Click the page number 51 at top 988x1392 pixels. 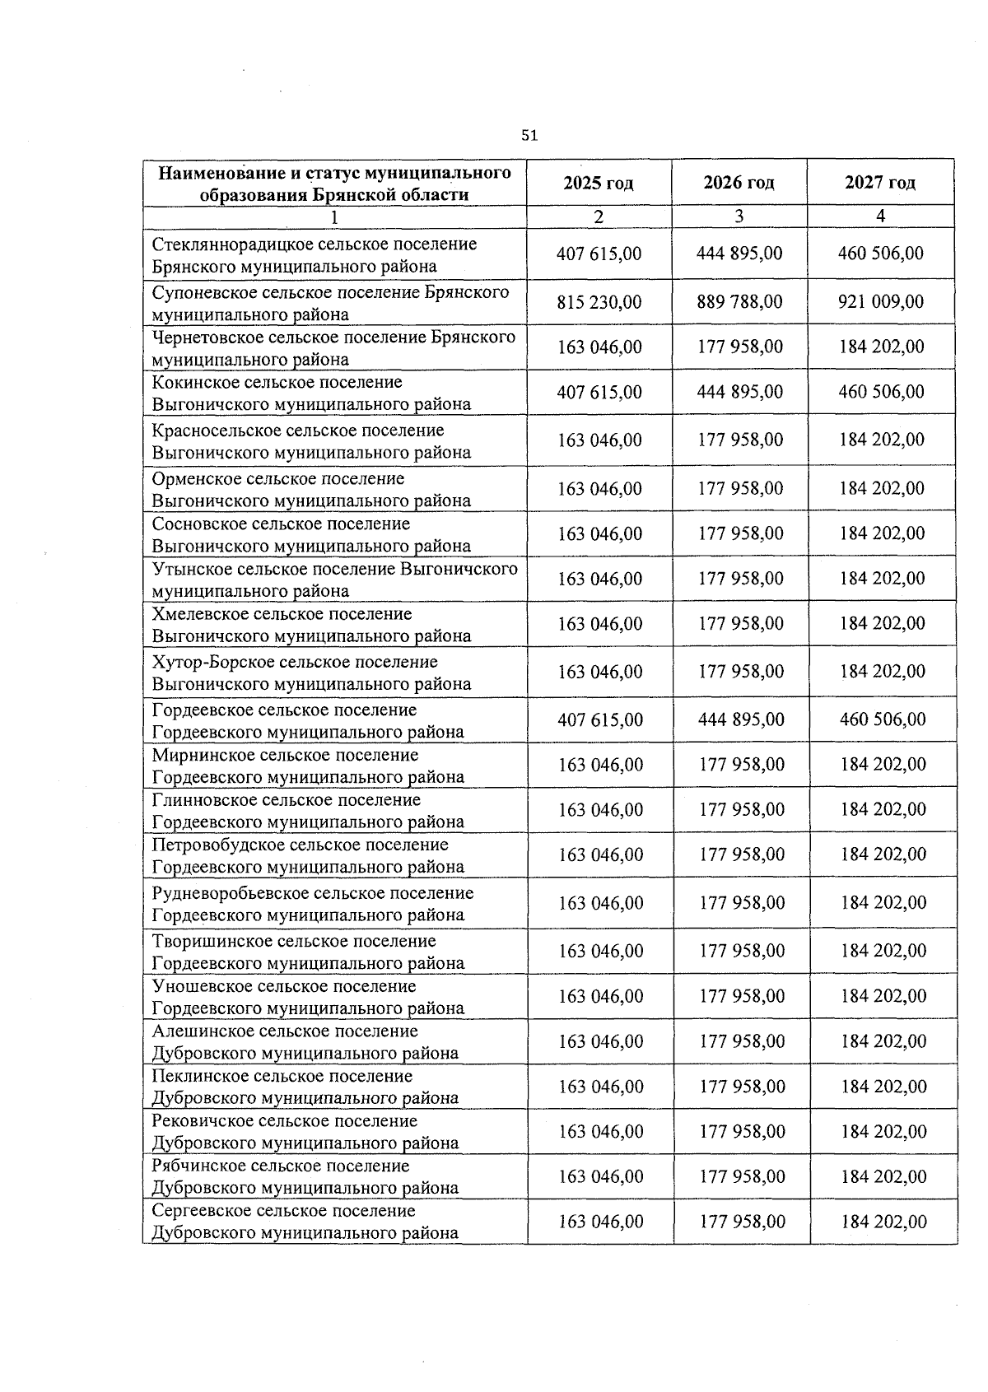point(529,136)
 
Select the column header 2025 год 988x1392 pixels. point(599,183)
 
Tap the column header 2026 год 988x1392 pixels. point(739,183)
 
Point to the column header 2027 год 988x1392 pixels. point(880,183)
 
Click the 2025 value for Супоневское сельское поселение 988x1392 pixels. point(599,302)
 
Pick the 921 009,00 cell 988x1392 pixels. point(881,302)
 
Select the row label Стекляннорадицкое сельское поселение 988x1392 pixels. point(314,255)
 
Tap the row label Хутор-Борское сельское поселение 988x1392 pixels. point(311,673)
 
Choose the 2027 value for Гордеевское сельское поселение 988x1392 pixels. point(883,719)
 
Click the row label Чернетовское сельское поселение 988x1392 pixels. point(333,347)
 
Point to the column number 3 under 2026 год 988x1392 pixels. point(739,216)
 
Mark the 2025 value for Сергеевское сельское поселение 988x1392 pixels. point(601,1222)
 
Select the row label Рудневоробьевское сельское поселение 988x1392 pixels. point(312,904)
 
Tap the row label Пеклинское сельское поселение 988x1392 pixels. point(305,1087)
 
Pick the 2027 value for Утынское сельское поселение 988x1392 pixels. point(882,579)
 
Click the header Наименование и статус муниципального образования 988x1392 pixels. point(334,184)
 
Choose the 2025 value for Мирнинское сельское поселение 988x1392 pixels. point(601,765)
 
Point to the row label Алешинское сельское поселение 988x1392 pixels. point(305,1042)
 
